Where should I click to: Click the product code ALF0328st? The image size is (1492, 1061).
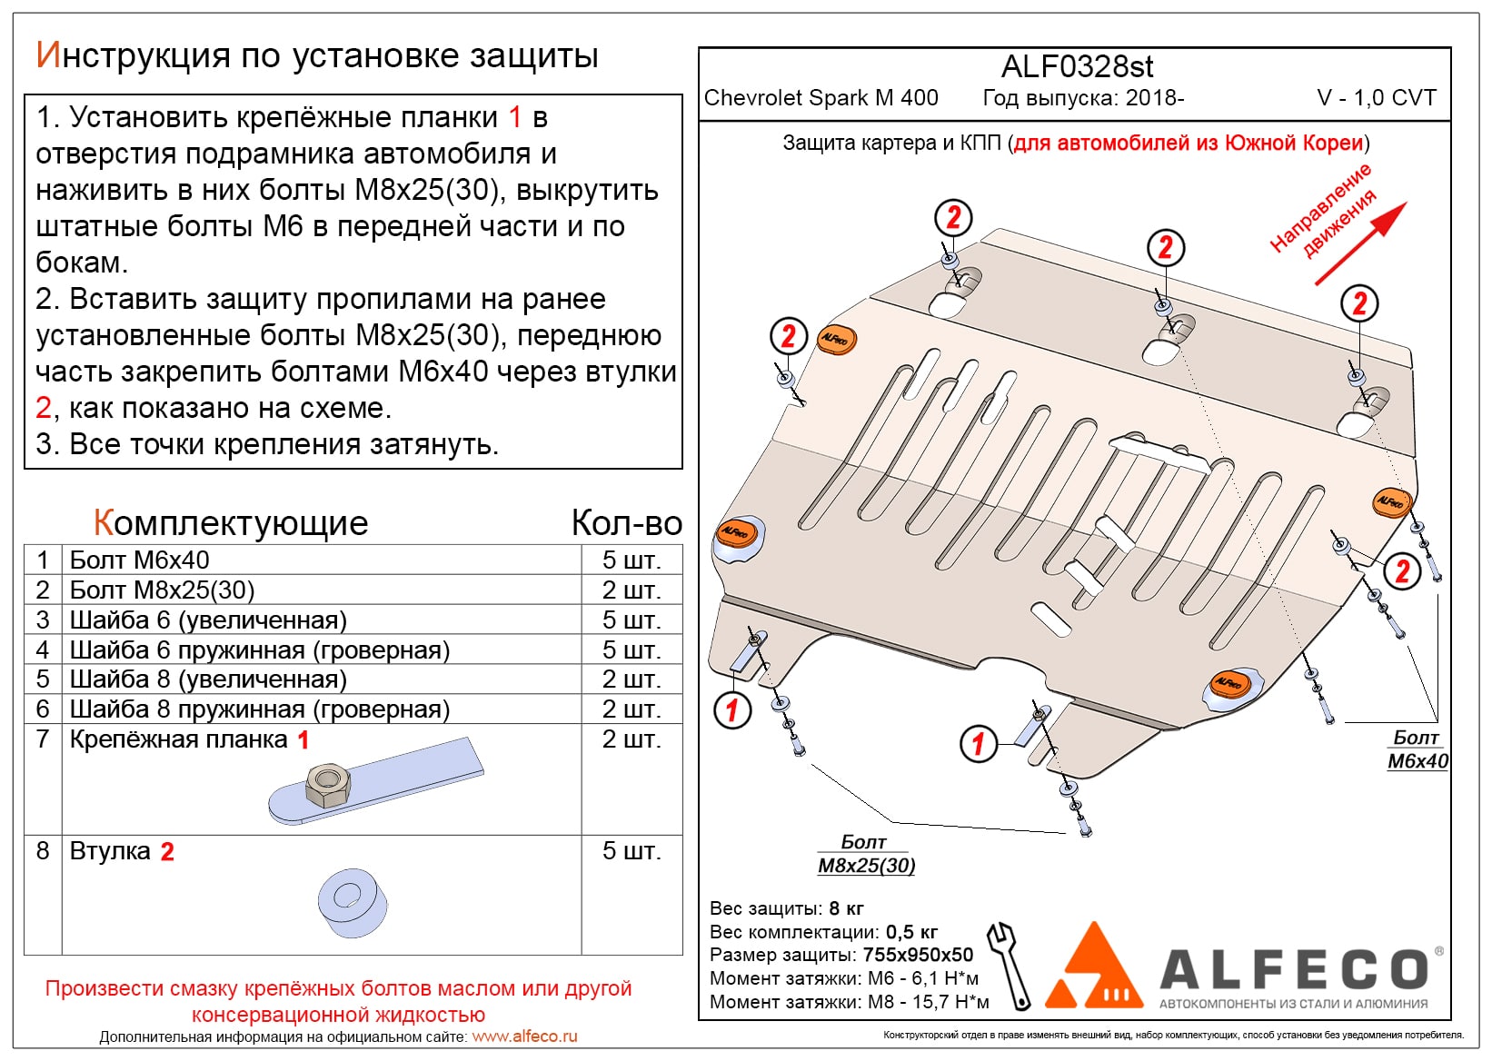[1077, 66]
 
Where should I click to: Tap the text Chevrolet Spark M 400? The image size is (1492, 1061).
[821, 98]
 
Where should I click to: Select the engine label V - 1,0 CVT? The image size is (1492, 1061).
[1377, 98]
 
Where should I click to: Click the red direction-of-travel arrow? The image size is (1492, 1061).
[1361, 243]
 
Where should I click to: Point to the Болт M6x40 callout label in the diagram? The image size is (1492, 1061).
[1417, 749]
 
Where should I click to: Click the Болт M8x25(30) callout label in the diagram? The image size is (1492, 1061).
[866, 854]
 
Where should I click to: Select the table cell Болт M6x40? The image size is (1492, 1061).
[139, 560]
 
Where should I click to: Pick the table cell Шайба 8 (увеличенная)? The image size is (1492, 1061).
[208, 679]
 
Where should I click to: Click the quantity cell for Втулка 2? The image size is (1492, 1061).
[632, 850]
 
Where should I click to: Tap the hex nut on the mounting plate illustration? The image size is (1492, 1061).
[328, 784]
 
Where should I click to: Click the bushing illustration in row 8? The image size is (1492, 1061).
[353, 903]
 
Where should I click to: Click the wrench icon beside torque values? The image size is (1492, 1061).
[1010, 965]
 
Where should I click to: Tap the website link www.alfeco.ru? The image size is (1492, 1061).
[524, 1036]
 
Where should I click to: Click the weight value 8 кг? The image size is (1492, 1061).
[846, 908]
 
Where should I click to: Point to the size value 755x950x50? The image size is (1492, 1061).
[918, 955]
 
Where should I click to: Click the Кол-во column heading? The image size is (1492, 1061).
[627, 523]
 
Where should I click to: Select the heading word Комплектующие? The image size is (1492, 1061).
[231, 523]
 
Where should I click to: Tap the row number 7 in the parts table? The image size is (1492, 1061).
[43, 739]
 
